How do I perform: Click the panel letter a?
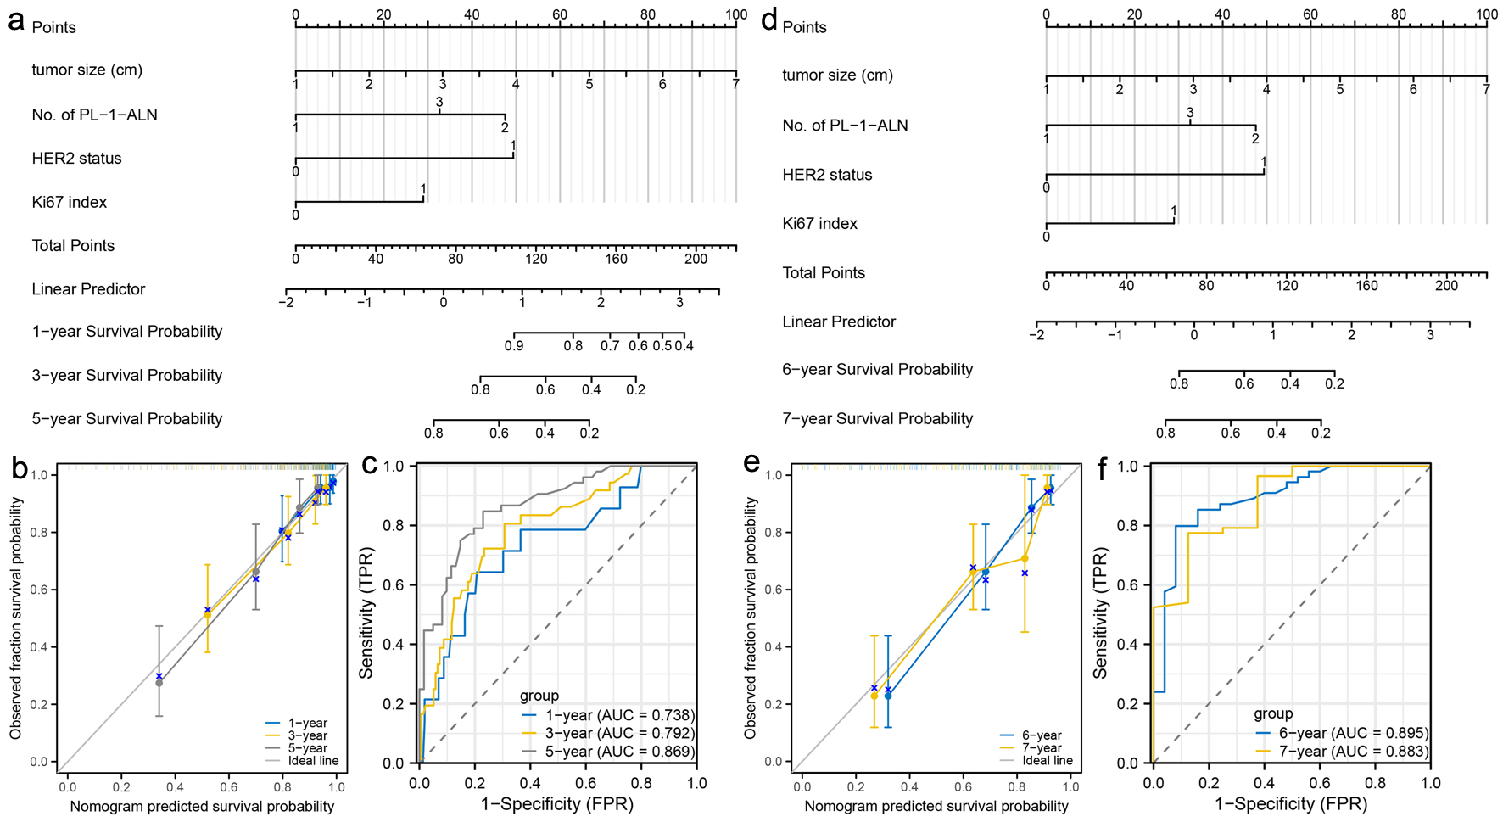(15, 20)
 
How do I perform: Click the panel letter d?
(768, 20)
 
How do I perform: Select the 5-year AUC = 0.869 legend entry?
(619, 752)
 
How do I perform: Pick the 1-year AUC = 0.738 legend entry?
(619, 715)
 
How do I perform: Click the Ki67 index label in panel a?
(70, 202)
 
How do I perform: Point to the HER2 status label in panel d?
(827, 175)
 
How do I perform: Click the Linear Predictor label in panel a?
(88, 289)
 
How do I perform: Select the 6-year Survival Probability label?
(877, 369)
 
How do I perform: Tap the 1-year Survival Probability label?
(127, 332)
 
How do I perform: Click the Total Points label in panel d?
(824, 273)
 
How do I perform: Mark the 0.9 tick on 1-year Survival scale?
(514, 345)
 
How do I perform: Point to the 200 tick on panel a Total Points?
(696, 258)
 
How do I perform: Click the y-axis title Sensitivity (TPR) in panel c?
(366, 615)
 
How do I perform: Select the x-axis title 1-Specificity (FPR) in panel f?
(1291, 804)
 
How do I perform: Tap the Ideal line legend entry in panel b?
(313, 761)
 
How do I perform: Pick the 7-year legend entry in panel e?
(1042, 748)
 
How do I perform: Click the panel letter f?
(1102, 467)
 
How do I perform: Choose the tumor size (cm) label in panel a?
(87, 70)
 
